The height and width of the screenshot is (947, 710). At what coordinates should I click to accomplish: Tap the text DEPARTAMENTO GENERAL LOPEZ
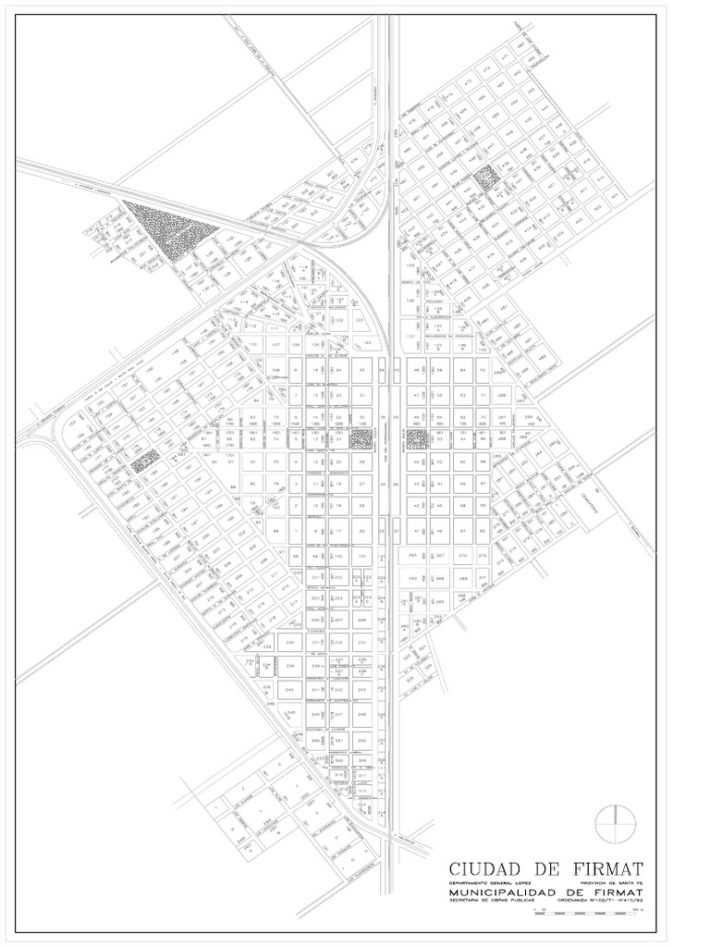pyautogui.click(x=491, y=882)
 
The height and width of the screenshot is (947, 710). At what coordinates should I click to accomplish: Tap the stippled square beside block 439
pyautogui.click(x=484, y=177)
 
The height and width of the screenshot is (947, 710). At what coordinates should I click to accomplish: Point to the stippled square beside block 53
pyautogui.click(x=415, y=438)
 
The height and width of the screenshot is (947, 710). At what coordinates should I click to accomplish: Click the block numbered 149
pyautogui.click(x=173, y=351)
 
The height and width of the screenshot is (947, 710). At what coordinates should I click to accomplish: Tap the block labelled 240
pyautogui.click(x=289, y=690)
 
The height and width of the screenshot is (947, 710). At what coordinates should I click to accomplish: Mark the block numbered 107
pyautogui.click(x=275, y=344)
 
